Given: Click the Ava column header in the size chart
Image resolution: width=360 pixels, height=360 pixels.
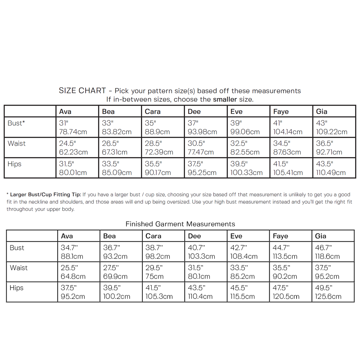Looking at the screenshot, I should tap(65, 112).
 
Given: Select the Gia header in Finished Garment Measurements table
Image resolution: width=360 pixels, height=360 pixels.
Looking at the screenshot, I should tap(321, 236).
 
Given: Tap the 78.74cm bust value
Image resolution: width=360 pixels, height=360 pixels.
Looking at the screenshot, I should tap(73, 132).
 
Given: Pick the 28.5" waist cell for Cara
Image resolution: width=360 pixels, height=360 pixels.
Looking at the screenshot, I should tap(154, 144).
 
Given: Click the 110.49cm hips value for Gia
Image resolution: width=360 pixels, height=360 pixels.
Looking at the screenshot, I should tap(331, 173).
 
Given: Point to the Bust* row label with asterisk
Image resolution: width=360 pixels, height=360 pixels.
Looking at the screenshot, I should tap(16, 123).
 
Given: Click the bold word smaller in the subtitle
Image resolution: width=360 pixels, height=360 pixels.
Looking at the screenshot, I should tap(225, 99).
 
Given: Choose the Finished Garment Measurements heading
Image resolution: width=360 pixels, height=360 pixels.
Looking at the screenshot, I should tap(180, 224).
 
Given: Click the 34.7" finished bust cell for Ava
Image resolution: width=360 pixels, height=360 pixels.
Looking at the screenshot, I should tap(69, 248).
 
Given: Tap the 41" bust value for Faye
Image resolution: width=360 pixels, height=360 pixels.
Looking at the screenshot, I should tap(278, 123).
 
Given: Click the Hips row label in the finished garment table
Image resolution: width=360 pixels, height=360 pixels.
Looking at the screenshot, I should tap(16, 288).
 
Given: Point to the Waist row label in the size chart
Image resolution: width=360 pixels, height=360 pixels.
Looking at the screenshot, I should tap(17, 144).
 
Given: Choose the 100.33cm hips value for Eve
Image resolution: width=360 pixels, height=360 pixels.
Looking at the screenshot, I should tap(246, 173).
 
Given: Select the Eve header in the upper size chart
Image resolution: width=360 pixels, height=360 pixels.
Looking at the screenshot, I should tap(237, 112).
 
